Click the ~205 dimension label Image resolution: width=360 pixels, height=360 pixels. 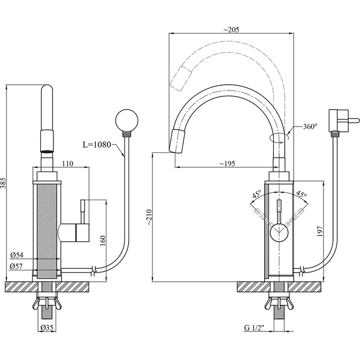(231, 30)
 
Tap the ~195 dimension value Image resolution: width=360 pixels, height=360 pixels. (227, 164)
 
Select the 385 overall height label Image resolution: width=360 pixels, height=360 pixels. (3, 183)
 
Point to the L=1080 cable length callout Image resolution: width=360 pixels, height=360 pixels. (97, 145)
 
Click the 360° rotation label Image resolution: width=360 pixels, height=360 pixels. (310, 127)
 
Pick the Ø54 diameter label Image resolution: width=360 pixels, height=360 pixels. (17, 255)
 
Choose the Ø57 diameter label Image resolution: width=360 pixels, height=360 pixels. (16, 266)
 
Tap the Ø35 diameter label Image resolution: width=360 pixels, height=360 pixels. (47, 328)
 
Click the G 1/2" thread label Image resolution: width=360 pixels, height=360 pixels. (255, 328)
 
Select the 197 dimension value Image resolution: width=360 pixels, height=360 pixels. (320, 231)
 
